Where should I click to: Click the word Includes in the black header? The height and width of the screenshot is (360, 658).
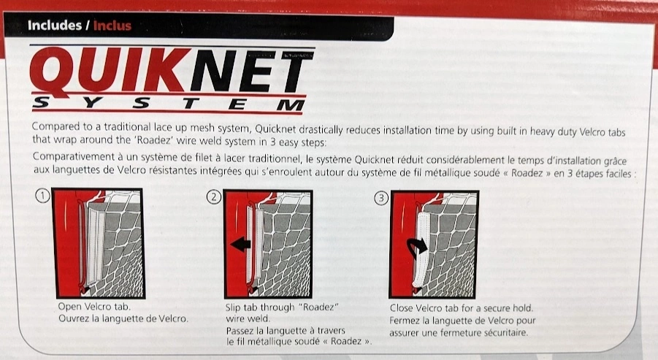(55, 25)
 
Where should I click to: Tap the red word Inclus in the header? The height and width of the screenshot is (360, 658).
(112, 26)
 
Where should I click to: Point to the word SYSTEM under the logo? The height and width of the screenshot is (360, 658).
(169, 104)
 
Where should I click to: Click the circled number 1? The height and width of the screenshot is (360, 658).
(43, 196)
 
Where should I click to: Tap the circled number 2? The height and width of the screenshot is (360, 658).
(213, 196)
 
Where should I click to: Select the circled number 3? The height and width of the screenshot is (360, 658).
(381, 198)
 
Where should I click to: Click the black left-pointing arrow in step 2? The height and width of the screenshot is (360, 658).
(240, 245)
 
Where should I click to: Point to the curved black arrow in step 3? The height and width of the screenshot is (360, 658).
(416, 248)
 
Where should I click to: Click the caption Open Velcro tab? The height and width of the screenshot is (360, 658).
(94, 307)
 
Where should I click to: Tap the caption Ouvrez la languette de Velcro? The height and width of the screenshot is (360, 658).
(123, 318)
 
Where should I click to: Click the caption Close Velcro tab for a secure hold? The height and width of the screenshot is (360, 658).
(462, 308)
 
